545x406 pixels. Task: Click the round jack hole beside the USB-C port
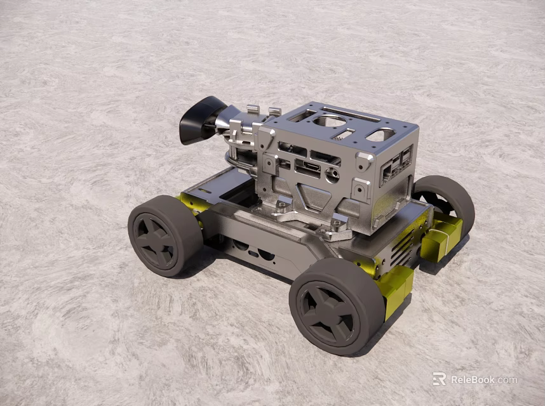click(x=332, y=175)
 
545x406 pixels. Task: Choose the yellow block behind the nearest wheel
click(x=394, y=289)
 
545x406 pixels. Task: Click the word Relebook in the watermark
click(x=474, y=380)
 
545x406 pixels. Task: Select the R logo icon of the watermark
click(x=439, y=379)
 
